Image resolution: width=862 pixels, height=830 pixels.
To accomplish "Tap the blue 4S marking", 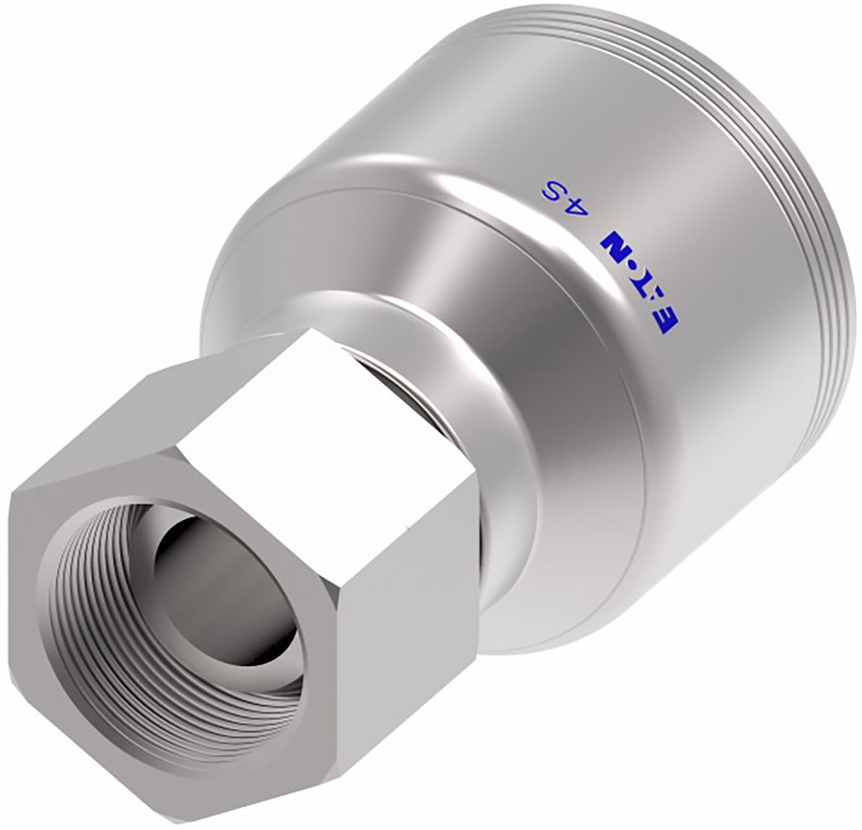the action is (560, 196).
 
